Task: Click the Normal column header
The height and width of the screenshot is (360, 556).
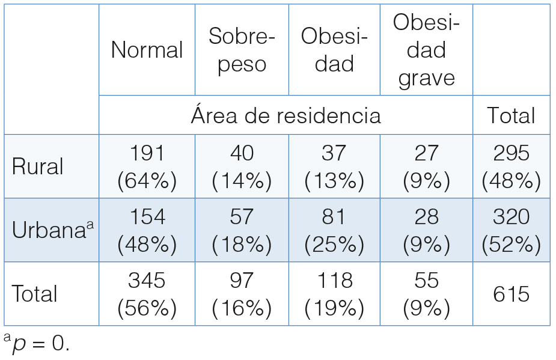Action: (147, 50)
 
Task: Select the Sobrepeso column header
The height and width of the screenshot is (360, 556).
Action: (242, 50)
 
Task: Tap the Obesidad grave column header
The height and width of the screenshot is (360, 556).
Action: (426, 50)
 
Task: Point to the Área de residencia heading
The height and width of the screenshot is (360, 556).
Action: (286, 115)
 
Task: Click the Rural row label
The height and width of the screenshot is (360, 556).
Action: (37, 166)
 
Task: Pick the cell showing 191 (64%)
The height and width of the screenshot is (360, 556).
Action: (147, 166)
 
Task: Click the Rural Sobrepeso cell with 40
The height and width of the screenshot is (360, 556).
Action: (242, 166)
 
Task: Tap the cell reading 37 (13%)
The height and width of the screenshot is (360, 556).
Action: (334, 166)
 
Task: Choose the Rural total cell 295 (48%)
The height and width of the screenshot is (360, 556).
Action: (511, 166)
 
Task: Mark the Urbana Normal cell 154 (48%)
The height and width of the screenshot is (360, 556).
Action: (147, 230)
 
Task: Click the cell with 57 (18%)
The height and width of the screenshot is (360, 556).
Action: (242, 230)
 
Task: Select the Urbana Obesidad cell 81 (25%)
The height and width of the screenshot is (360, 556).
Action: (334, 230)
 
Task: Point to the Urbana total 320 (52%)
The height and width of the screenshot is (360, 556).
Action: (511, 230)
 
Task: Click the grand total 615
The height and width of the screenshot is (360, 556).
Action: (511, 294)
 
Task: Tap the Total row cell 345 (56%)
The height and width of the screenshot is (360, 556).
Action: (147, 294)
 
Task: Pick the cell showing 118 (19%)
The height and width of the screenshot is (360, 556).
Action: (334, 294)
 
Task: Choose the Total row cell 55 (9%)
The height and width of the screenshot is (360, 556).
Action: (426, 294)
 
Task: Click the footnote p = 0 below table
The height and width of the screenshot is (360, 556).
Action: (37, 345)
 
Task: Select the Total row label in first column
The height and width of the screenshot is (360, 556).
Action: (35, 294)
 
